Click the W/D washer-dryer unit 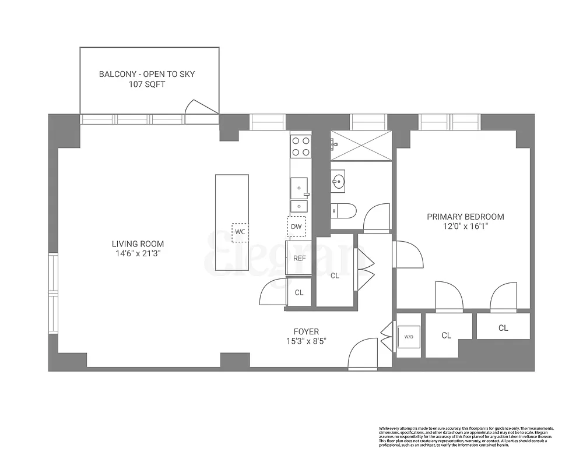point(409,336)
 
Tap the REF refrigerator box point(299,258)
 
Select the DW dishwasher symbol point(296,227)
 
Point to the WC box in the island point(240,232)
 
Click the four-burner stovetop point(300,146)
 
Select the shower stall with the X point(360,145)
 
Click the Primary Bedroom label point(465,217)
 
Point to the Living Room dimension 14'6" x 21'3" point(138,253)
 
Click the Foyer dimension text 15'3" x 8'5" point(305,341)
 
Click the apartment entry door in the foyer point(363,354)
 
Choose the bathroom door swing point(376,218)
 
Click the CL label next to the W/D point(446,336)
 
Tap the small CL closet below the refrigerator point(299,292)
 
